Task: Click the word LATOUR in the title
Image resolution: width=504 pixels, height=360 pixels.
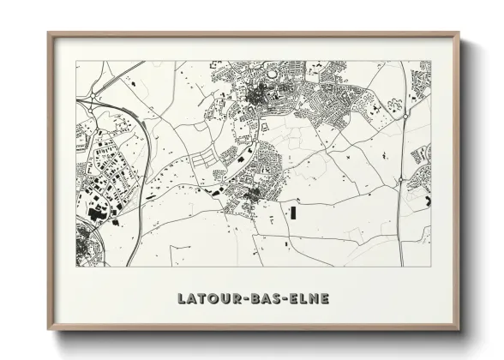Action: click(208, 299)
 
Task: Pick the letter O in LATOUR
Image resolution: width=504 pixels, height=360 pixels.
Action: click(212, 299)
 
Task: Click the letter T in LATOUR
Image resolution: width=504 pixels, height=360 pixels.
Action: click(201, 299)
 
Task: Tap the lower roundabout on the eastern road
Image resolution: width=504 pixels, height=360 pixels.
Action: click(400, 179)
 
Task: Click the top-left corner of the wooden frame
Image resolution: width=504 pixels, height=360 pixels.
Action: click(49, 33)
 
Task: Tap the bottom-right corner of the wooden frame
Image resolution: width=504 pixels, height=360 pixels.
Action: click(459, 330)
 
